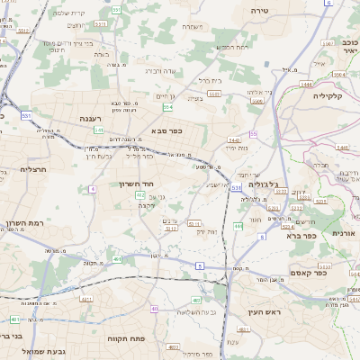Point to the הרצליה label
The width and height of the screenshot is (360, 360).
(x=32, y=168)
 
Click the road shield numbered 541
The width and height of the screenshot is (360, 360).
(x=98, y=130)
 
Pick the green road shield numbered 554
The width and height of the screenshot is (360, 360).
(x=167, y=107)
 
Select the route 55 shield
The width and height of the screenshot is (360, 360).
(x=254, y=133)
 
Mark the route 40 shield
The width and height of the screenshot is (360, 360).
(x=155, y=309)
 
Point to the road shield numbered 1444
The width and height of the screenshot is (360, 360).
(x=306, y=84)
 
